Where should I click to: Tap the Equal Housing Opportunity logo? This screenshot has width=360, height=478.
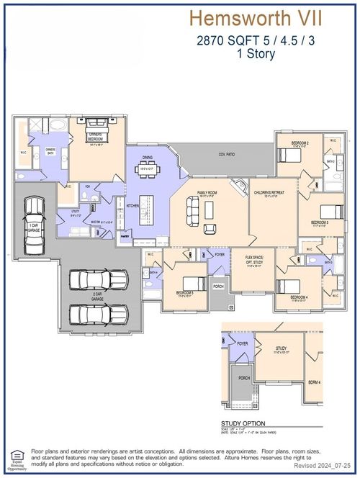(16, 456)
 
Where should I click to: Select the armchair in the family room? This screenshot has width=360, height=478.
(210, 229)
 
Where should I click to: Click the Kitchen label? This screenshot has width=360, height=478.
(132, 206)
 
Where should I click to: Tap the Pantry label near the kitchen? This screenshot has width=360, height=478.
(125, 236)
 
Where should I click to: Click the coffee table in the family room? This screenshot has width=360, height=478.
(210, 209)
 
